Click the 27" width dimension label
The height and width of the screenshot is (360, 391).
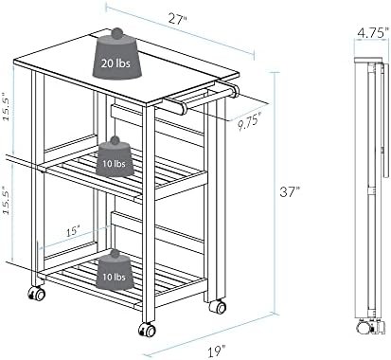[x=177, y=19]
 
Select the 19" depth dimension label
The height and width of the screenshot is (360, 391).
[x=217, y=351]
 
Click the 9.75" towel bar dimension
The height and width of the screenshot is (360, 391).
[x=249, y=122]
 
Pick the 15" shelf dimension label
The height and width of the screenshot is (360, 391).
[x=72, y=232]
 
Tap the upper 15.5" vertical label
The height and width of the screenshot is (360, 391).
[x=9, y=106]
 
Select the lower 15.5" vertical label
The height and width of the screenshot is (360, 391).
[x=9, y=200]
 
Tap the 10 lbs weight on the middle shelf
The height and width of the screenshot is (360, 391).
[x=115, y=157]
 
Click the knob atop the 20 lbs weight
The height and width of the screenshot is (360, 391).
[x=116, y=32]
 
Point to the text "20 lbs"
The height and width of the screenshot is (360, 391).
[x=116, y=63]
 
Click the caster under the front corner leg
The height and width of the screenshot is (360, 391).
[x=147, y=330]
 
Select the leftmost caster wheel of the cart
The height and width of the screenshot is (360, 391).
[x=36, y=294]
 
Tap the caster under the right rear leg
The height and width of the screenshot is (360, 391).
[x=218, y=307]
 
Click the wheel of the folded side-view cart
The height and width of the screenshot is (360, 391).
[x=363, y=327]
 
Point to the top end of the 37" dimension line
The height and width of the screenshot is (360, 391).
[x=275, y=72]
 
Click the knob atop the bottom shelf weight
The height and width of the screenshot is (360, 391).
[x=116, y=254]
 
